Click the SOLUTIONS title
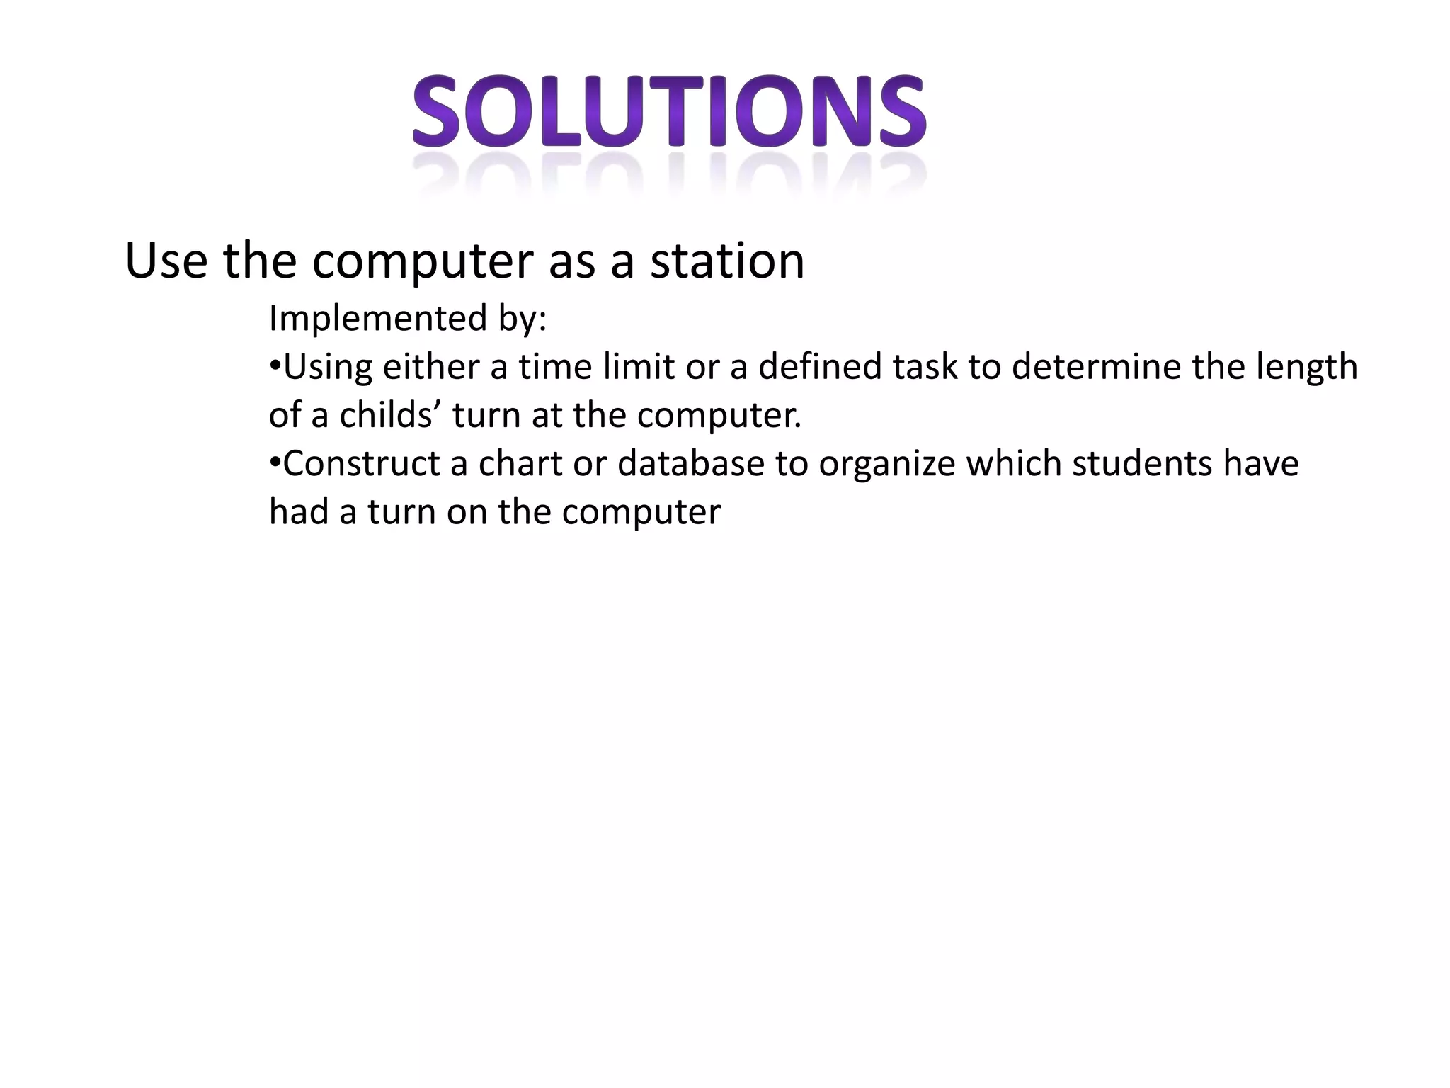(669, 113)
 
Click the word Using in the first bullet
(327, 368)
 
